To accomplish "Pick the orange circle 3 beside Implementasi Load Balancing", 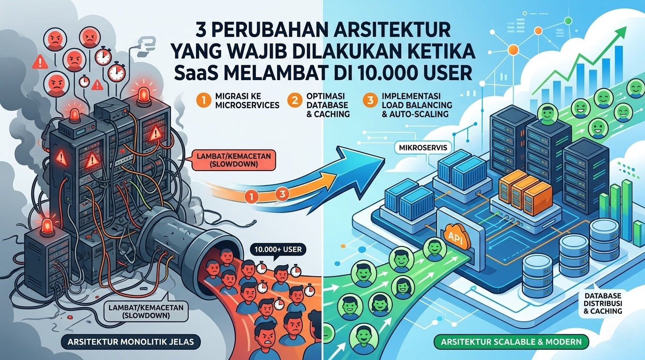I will (369, 101).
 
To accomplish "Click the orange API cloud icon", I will (452, 233).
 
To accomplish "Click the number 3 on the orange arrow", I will (281, 193).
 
